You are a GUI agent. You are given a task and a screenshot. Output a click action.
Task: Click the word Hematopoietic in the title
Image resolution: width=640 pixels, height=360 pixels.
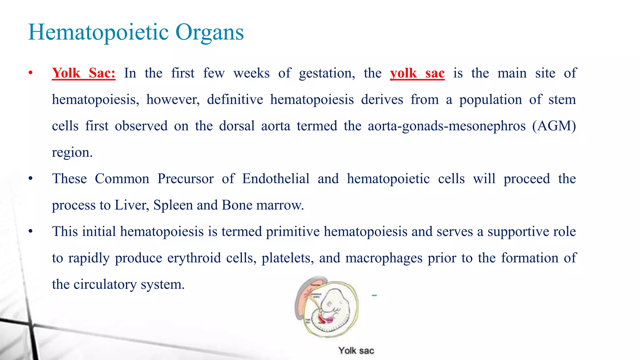coord(98,32)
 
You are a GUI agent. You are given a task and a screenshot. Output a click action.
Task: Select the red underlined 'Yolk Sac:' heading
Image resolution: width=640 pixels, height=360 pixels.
coord(83,73)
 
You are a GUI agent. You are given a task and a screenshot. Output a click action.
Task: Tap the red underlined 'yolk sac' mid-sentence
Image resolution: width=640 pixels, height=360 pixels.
coord(417,73)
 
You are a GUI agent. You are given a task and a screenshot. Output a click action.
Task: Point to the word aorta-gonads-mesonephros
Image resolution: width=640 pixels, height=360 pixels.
coord(447,126)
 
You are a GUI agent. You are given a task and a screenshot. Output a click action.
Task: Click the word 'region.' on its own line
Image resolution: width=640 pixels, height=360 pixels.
coord(72,152)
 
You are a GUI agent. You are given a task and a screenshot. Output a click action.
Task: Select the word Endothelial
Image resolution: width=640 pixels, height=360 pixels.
coord(276,179)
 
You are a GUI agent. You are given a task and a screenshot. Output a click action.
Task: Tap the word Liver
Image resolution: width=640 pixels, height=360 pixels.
coord(131,205)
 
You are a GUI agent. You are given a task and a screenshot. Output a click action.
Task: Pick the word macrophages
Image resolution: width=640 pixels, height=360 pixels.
coord(384,258)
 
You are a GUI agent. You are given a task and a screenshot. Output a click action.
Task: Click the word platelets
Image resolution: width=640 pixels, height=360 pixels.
coord(287,258)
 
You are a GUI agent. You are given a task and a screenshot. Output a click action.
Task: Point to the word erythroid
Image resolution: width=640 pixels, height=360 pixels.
coord(194,258)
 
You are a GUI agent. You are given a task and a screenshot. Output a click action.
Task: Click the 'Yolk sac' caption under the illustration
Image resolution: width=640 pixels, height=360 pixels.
coord(356,351)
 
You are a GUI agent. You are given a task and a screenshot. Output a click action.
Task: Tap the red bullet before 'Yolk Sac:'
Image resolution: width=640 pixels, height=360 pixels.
coord(30,73)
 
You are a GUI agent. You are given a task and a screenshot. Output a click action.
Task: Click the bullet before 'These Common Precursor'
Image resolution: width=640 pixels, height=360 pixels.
coord(30,179)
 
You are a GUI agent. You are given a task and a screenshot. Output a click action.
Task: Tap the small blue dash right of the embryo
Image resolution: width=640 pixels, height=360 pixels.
coord(374,295)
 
